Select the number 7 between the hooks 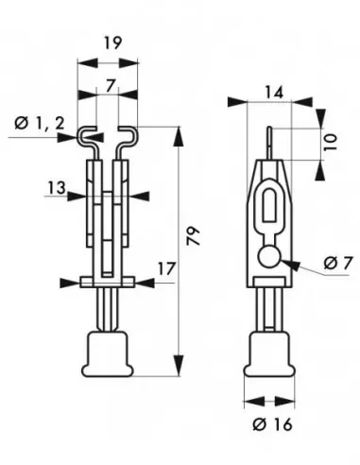point(111,86)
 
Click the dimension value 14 point(274,93)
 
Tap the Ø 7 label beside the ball point(324,262)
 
